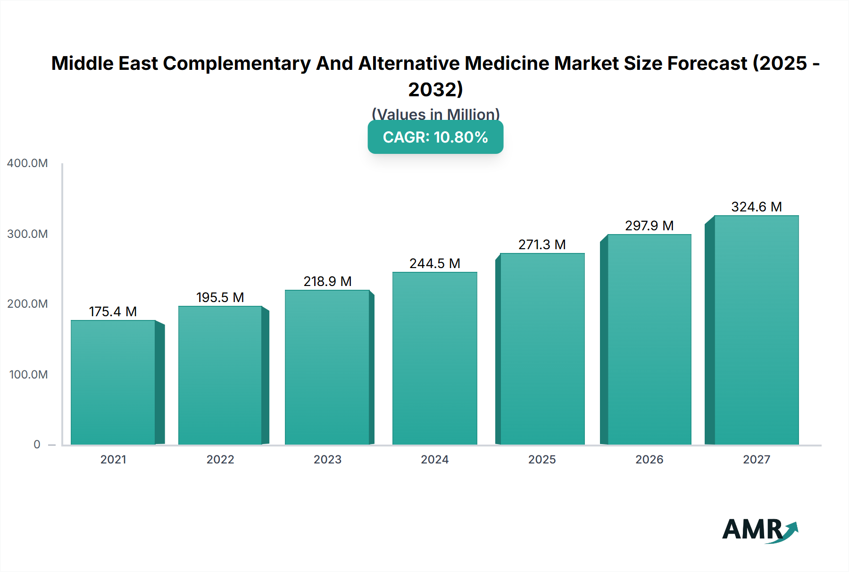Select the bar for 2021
113,382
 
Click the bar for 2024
434,359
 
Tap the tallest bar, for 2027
756,330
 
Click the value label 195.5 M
220,297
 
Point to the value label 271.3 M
542,244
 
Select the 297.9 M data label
649,226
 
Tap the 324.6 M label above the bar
756,207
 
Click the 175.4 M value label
113,311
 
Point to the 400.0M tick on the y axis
27,163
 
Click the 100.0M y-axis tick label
28,375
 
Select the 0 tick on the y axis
37,445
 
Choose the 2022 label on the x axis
220,460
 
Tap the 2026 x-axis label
649,460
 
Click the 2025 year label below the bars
542,460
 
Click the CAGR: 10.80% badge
435,137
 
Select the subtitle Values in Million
435,114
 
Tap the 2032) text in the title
435,90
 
